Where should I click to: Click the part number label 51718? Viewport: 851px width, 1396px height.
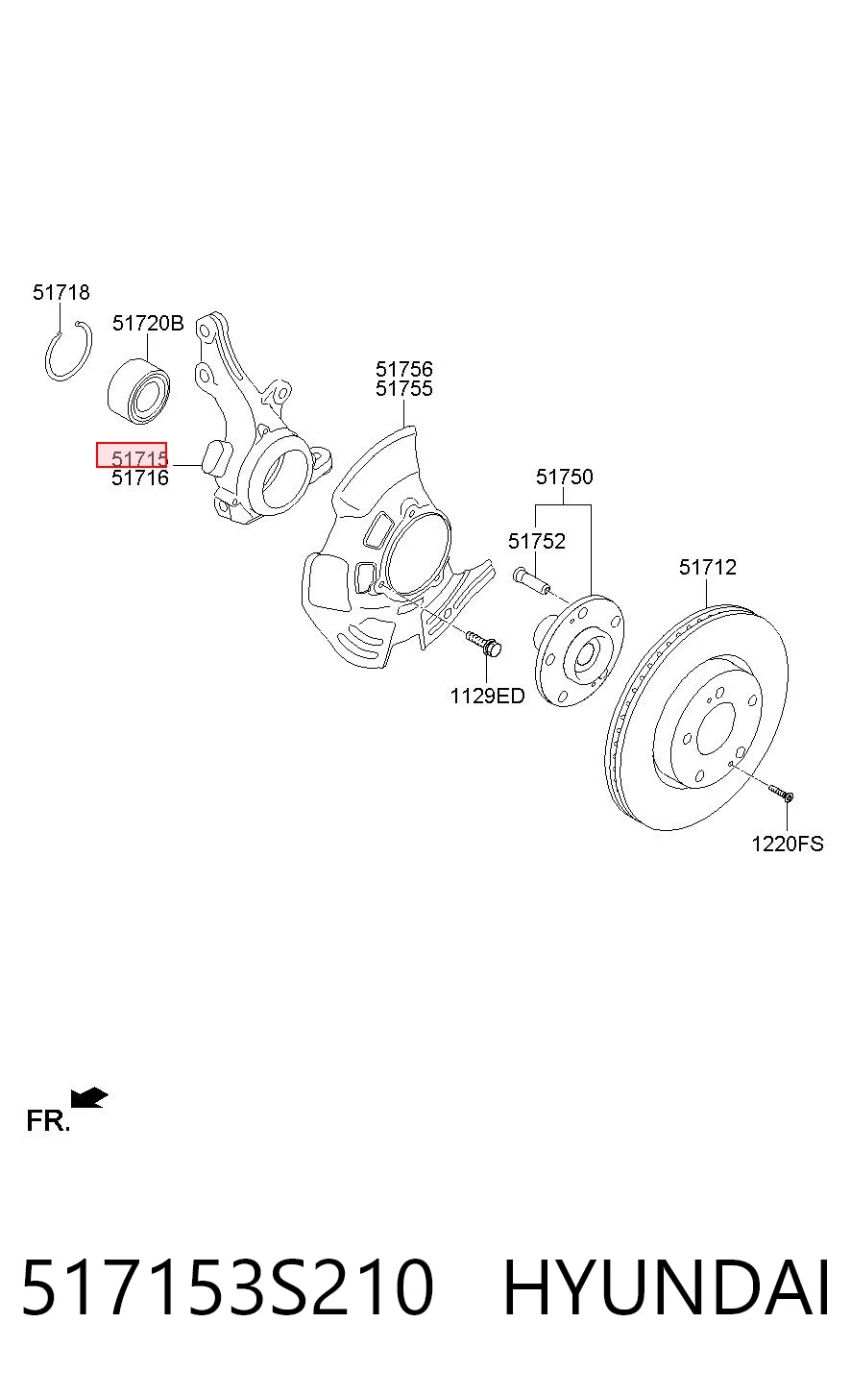tap(61, 292)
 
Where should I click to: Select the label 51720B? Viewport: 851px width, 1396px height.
tap(148, 324)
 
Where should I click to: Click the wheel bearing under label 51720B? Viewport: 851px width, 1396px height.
tap(139, 392)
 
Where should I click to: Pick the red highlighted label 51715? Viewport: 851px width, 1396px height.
tap(132, 455)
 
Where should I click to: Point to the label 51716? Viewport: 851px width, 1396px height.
tap(140, 478)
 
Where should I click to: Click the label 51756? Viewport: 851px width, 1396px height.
tap(403, 369)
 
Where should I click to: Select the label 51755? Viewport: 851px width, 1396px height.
tap(403, 389)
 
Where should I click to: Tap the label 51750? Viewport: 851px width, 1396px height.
tap(565, 477)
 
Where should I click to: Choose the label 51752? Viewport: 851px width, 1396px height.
tap(536, 541)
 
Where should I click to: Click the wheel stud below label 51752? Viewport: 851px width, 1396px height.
tap(531, 581)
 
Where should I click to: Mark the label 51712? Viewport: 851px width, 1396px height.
tap(708, 567)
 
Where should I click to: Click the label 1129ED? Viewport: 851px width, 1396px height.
tap(487, 696)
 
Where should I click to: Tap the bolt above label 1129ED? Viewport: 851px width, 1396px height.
tap(483, 643)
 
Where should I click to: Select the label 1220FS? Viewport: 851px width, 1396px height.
tap(788, 844)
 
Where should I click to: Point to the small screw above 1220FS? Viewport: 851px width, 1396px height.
tap(781, 793)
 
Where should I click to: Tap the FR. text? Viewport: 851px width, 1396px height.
tap(48, 1121)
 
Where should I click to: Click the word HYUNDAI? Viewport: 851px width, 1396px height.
tap(666, 1287)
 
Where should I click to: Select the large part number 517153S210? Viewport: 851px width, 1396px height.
tap(228, 1287)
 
